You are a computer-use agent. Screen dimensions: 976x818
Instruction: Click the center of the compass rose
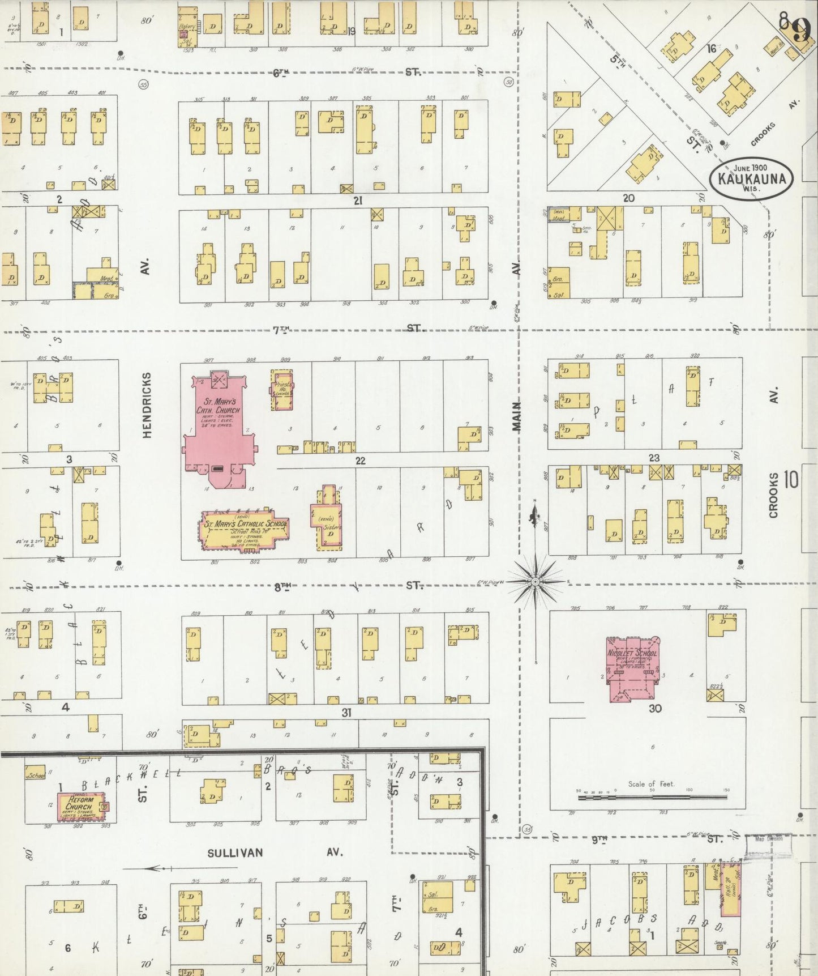(x=536, y=582)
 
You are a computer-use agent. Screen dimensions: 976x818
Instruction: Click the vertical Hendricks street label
(x=147, y=404)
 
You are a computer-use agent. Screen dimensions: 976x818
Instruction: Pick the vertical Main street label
(x=516, y=416)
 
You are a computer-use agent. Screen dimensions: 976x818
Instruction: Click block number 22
(x=360, y=461)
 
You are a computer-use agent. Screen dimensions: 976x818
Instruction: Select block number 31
(x=346, y=713)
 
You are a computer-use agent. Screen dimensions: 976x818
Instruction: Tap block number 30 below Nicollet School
(x=655, y=708)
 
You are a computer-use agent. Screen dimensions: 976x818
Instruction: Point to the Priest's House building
(x=282, y=391)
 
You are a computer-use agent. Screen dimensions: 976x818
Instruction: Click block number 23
(x=654, y=458)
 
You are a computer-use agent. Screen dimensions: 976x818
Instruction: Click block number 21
(x=357, y=200)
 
